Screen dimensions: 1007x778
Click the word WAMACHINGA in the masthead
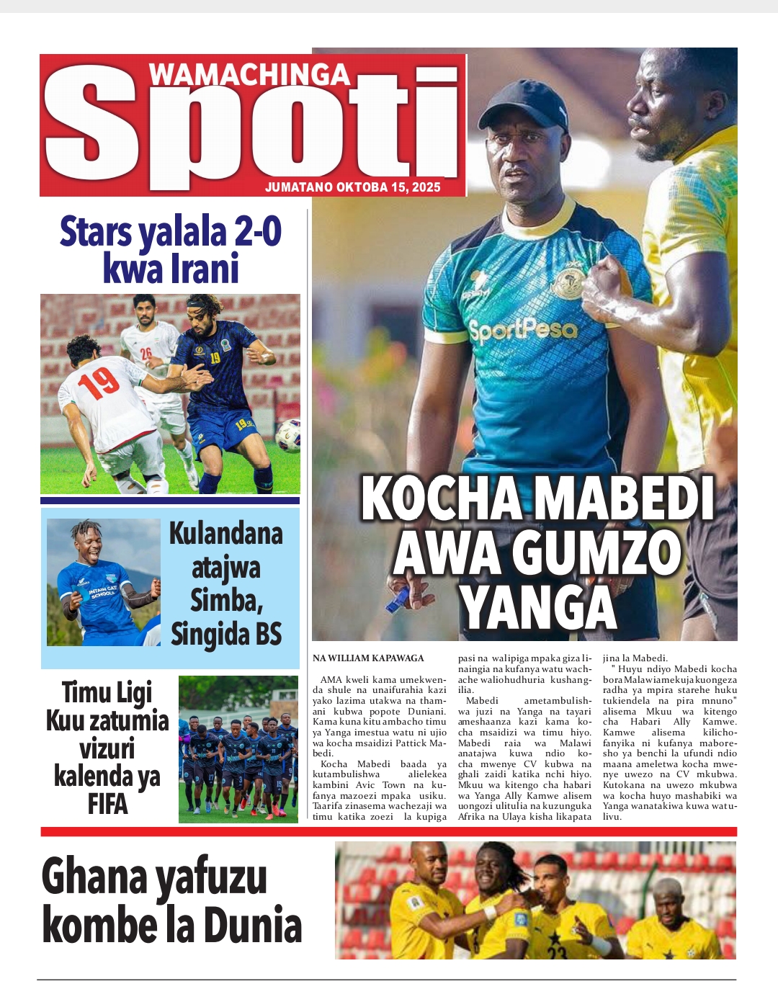tap(249, 75)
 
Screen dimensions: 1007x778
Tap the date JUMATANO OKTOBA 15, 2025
tap(352, 187)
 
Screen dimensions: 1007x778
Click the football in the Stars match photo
tap(287, 435)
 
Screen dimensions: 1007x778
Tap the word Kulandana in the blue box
tap(225, 534)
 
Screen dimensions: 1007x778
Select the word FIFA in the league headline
tap(107, 803)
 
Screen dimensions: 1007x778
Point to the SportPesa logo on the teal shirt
tap(523, 331)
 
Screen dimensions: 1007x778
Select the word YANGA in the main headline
tap(539, 607)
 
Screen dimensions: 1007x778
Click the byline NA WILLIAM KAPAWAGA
tap(368, 658)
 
